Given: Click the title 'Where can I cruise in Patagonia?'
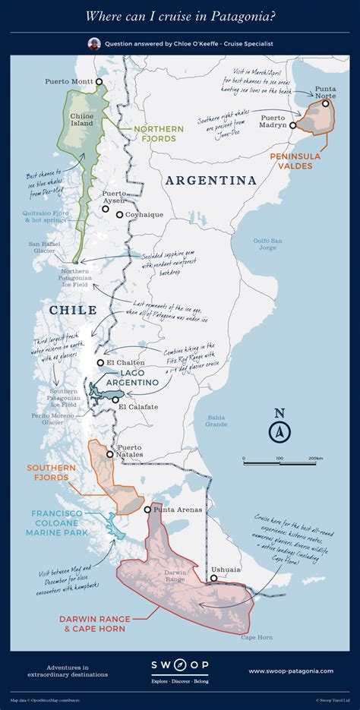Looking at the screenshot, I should click(179, 15).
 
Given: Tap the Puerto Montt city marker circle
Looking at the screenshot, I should click(98, 81).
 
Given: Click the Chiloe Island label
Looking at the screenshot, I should click(81, 120).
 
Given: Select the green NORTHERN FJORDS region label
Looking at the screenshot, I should click(160, 134).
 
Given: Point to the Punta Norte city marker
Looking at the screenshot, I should click(325, 103).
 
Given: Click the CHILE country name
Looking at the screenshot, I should click(73, 310).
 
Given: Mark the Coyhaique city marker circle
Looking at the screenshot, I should click(119, 215).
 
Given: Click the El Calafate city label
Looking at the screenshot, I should click(138, 408).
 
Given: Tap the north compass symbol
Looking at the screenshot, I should click(279, 431).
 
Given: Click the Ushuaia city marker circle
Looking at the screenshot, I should click(214, 578).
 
